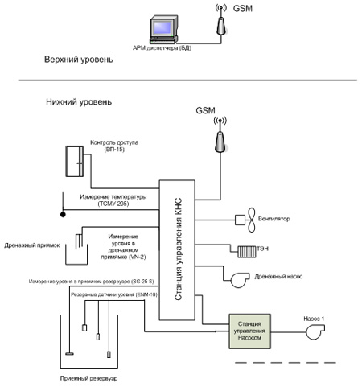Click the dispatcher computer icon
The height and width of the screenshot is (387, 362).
click(x=163, y=30)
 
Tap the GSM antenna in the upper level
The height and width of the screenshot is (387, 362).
click(x=221, y=20)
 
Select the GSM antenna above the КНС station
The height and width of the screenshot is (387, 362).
click(x=220, y=134)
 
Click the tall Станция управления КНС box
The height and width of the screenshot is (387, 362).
click(x=177, y=250)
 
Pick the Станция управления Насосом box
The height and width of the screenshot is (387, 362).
click(x=249, y=331)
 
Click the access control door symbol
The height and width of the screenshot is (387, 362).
click(x=75, y=161)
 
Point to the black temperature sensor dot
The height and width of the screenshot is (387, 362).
click(x=63, y=214)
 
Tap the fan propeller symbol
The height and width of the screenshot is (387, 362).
click(x=251, y=220)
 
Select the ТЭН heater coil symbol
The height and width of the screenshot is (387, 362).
click(x=247, y=252)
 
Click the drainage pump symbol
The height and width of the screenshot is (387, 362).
click(x=240, y=280)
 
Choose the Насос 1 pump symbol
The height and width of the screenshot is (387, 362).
click(x=315, y=331)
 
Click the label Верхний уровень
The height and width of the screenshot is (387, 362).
click(x=79, y=60)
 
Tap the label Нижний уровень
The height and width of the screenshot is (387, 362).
click(x=79, y=102)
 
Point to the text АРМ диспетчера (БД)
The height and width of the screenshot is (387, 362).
click(x=162, y=48)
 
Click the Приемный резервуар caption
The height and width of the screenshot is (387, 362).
click(x=88, y=378)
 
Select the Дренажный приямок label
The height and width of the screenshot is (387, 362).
click(x=32, y=245)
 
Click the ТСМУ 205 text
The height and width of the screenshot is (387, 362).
click(x=113, y=204)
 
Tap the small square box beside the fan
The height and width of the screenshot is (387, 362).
click(x=240, y=220)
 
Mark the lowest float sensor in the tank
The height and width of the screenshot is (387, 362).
click(x=109, y=354)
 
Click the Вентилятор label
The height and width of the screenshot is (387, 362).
click(x=274, y=219)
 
